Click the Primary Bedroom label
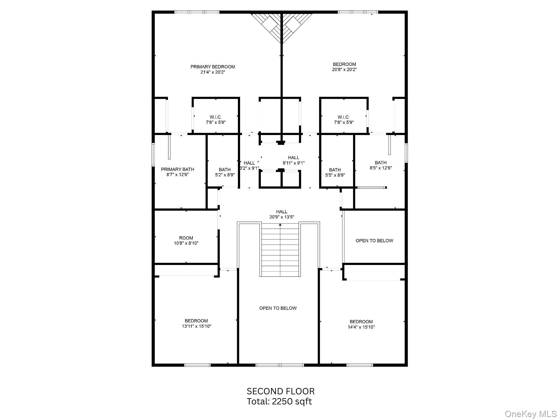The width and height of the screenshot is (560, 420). [212, 67]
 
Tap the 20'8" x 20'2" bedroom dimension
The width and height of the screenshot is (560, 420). [344, 70]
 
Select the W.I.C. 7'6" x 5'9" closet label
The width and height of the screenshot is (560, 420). [215, 120]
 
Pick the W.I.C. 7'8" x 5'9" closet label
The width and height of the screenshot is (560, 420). [344, 120]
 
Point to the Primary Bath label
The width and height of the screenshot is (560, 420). [177, 170]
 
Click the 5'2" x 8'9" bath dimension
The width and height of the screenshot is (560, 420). [225, 175]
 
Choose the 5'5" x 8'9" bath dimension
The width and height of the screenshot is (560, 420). [335, 175]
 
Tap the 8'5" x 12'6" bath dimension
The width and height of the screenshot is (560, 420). [381, 168]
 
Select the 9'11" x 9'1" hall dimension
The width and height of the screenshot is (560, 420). [293, 163]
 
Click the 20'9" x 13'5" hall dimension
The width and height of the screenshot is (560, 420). [281, 217]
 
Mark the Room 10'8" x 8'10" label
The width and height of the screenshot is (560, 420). [186, 240]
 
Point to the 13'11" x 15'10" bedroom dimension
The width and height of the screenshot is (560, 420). [196, 326]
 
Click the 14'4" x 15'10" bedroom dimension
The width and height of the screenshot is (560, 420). [361, 327]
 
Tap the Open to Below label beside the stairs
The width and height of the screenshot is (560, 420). [278, 308]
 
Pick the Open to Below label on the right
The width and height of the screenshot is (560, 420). [374, 241]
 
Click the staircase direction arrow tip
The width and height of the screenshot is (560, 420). [280, 224]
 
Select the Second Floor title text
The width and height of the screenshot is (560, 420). [281, 391]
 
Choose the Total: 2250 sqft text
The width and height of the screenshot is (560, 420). [279, 401]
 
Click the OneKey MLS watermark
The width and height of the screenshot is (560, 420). [530, 414]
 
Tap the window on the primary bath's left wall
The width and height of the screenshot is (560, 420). [153, 155]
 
